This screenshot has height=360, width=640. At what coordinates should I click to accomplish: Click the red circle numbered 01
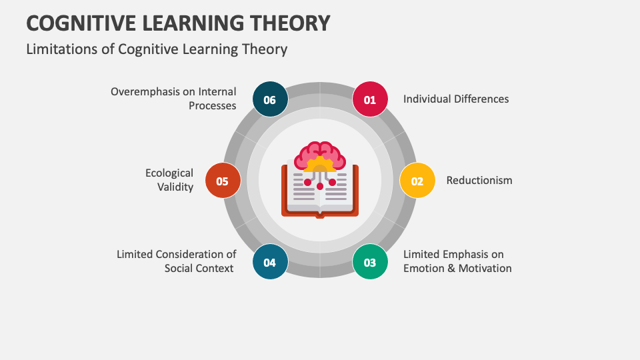370,99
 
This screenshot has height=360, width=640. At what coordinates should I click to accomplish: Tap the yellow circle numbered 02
417,181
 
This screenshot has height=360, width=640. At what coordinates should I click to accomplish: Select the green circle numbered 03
370,262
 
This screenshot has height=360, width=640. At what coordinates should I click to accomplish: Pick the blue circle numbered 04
270,262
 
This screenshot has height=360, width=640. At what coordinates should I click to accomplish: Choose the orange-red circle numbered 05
223,181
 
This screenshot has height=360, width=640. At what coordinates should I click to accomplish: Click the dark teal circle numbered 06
270,99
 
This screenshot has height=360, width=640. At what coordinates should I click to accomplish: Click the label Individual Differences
456,99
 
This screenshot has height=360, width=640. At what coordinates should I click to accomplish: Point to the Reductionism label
479,181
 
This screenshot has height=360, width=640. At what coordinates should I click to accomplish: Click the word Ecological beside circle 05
169,173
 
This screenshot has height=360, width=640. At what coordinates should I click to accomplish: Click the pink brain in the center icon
320,155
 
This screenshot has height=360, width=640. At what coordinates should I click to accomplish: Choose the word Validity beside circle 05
175,187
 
